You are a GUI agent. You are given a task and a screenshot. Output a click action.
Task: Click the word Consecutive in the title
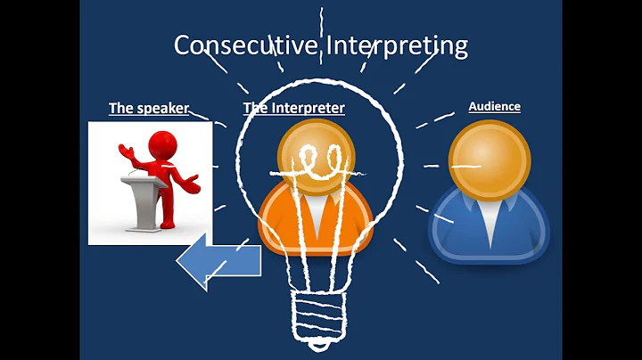point(243,45)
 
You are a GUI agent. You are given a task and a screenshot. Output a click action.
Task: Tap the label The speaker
point(148,109)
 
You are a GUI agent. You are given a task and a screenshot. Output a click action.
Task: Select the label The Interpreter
point(293,109)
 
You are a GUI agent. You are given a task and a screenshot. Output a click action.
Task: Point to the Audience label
point(494,107)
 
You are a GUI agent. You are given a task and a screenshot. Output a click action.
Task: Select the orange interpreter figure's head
point(317,157)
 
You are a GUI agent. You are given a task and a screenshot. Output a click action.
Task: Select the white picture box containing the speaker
point(150,183)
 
